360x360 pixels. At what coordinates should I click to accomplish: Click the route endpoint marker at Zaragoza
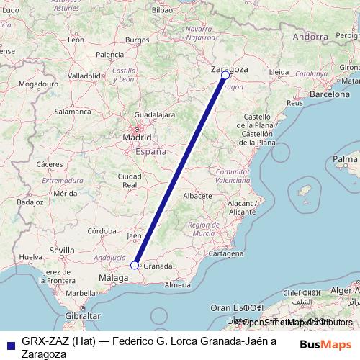tap(225, 75)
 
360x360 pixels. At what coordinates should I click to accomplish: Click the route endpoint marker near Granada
tap(134, 265)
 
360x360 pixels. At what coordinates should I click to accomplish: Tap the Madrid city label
tap(136, 137)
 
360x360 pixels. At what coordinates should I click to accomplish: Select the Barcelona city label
tap(330, 94)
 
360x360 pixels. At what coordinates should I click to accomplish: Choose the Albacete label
tap(197, 195)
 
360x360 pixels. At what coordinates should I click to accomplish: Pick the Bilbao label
tap(163, 11)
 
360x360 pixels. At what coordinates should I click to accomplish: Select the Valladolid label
tap(84, 75)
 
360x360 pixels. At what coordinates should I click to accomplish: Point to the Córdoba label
tap(102, 231)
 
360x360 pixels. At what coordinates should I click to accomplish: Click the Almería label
tap(178, 285)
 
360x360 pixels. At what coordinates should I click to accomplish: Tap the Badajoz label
tap(30, 202)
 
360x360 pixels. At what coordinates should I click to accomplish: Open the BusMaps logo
tap(325, 344)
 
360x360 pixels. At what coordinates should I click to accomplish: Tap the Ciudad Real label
tap(130, 180)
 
